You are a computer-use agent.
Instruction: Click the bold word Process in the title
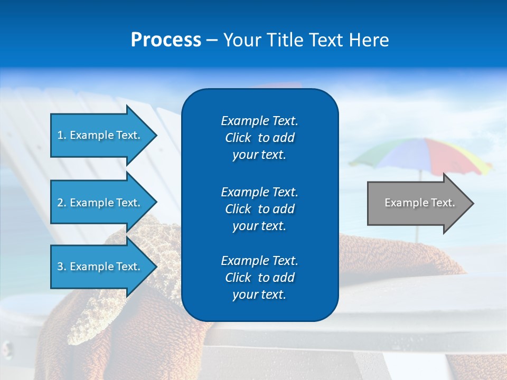pos(166,40)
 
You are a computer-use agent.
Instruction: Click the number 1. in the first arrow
pos(62,135)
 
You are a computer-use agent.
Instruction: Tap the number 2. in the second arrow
pos(62,203)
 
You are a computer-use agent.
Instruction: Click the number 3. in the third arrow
pos(62,267)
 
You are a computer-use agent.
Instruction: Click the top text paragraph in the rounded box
pos(259,138)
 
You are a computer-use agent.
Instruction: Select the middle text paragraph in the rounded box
pos(259,209)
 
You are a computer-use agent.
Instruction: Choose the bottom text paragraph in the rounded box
pos(259,278)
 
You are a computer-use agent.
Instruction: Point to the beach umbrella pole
pos(417,232)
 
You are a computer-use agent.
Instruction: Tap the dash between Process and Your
pos(212,41)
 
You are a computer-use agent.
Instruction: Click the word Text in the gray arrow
pos(443,203)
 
